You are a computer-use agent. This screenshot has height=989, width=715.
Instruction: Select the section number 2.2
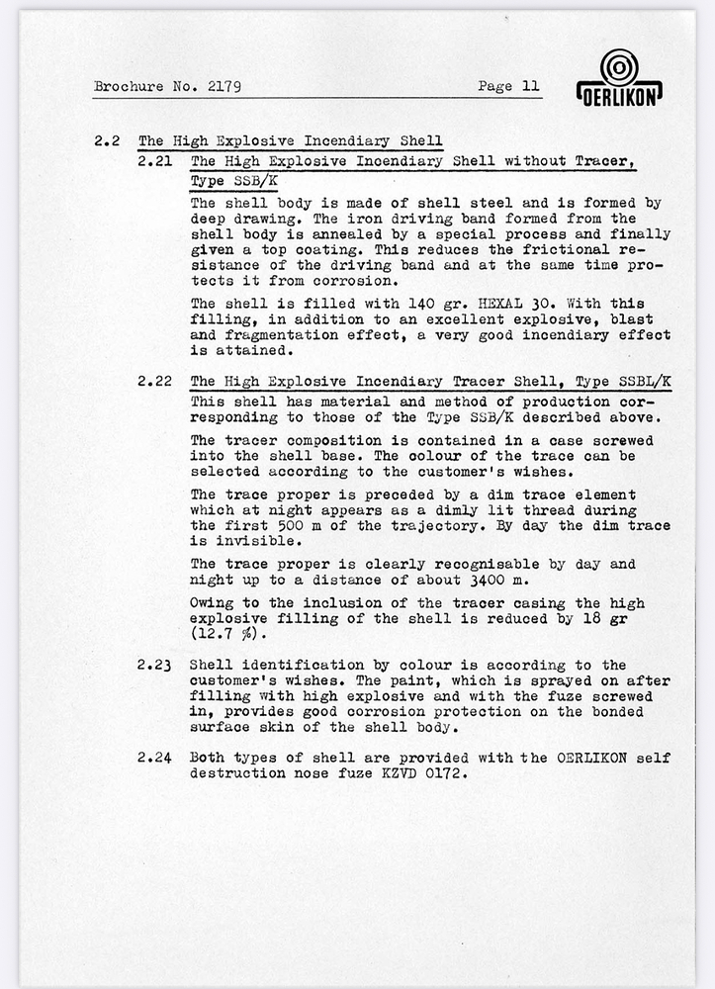click(107, 140)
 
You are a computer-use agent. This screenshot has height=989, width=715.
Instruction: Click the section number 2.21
click(156, 160)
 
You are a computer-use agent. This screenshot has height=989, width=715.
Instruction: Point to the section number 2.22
click(156, 381)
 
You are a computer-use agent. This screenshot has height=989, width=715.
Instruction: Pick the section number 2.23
click(156, 665)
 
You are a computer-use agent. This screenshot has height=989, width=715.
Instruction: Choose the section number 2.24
click(156, 758)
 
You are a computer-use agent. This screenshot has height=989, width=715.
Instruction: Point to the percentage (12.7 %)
click(230, 634)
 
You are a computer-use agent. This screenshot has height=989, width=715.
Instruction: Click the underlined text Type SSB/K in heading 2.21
click(234, 181)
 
